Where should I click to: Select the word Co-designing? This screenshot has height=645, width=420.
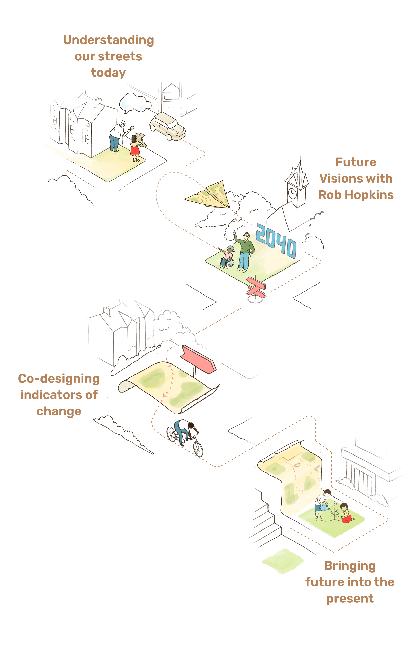tap(59, 379)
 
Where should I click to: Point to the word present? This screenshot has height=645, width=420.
tap(350, 599)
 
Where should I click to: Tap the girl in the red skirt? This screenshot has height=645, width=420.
tap(135, 148)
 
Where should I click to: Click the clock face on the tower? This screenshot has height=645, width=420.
tap(292, 193)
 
